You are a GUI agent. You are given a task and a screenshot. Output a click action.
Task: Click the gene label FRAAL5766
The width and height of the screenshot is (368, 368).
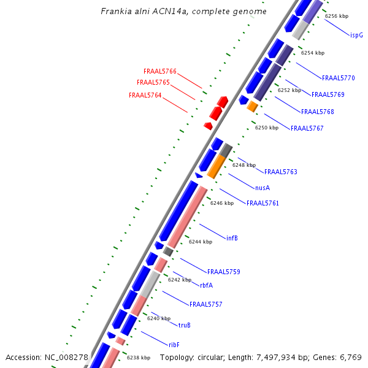[x=160, y=72]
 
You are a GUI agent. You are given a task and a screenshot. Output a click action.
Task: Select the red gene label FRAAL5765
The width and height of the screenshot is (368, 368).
[x=153, y=82]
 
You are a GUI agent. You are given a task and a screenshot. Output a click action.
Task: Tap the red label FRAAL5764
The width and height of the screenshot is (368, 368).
[x=145, y=95]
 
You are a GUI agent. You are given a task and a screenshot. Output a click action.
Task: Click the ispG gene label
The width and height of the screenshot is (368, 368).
[x=356, y=36]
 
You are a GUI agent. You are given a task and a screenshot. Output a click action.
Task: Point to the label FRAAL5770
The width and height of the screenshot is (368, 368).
[x=339, y=79]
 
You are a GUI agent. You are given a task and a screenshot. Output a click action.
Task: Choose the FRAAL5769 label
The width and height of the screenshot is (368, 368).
[x=328, y=95]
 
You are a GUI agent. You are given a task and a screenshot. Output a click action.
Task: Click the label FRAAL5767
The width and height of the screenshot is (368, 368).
[x=307, y=128]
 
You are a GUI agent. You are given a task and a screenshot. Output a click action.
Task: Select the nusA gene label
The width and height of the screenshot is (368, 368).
[x=263, y=188]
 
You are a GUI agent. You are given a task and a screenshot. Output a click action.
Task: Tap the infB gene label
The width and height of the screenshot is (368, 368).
[x=232, y=238]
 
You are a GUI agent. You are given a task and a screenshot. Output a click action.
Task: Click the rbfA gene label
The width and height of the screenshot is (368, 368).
[x=206, y=285]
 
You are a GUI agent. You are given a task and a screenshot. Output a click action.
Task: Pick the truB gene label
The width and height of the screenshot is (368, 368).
[x=185, y=325]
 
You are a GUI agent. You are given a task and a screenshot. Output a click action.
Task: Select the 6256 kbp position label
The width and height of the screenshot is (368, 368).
[x=337, y=16]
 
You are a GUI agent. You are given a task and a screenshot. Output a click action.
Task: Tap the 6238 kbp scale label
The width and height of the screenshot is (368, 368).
[x=139, y=358]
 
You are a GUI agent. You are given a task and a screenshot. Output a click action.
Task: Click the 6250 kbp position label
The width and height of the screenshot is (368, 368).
[x=267, y=128]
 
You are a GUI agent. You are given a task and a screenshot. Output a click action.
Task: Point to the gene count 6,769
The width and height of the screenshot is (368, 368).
[x=351, y=357]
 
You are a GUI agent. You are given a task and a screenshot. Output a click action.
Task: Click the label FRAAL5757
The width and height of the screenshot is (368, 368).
[x=206, y=304]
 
